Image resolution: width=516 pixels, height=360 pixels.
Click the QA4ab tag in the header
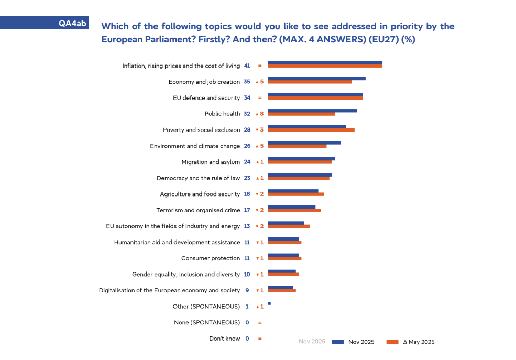(x=72, y=23)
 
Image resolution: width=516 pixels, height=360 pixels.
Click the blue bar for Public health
(x=312, y=111)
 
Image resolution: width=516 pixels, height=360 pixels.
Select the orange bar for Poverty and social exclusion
(x=311, y=130)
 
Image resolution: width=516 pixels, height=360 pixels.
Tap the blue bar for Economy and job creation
(x=316, y=79)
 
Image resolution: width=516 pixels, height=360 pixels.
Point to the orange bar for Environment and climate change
(x=297, y=146)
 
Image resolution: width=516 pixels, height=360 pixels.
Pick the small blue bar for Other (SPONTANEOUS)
(x=269, y=303)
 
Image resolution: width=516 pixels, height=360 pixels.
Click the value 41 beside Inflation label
(x=247, y=66)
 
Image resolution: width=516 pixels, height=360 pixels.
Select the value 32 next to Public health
(x=247, y=114)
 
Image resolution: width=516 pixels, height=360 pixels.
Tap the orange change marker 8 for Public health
(x=259, y=114)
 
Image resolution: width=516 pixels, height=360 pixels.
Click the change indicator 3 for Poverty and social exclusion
(x=259, y=130)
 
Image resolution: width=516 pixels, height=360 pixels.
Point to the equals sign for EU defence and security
(x=259, y=98)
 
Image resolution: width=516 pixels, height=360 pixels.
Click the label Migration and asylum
(x=211, y=162)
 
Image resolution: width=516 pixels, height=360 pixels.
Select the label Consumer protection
(x=211, y=258)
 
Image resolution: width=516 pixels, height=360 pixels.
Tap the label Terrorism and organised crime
(x=198, y=210)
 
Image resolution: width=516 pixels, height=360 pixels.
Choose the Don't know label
(x=225, y=339)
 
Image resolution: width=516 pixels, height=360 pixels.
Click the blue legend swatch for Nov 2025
(x=338, y=342)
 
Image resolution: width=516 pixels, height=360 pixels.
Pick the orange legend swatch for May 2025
(x=392, y=342)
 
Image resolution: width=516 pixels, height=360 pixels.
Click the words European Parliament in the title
(x=136, y=39)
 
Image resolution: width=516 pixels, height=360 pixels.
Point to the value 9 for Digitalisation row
(x=247, y=290)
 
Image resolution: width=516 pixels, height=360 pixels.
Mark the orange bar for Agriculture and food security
(x=295, y=194)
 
